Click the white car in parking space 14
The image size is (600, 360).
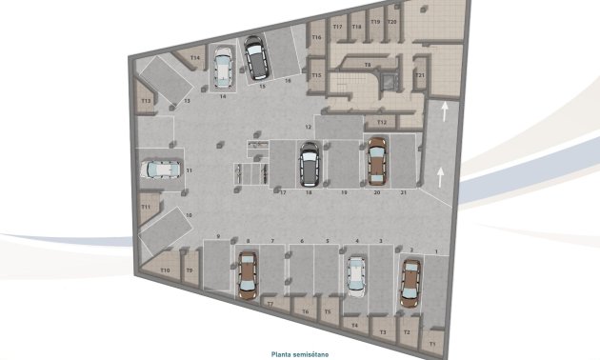[x=224, y=69]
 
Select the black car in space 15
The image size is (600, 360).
[x=256, y=57]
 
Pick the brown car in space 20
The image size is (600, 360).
[x=376, y=161]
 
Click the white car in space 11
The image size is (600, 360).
[x=160, y=170]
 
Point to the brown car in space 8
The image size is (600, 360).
[x=247, y=273]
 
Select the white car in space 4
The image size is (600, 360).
[x=356, y=274]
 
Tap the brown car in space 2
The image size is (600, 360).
[x=410, y=281]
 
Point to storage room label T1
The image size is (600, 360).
[x=432, y=342]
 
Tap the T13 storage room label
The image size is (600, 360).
[x=147, y=100]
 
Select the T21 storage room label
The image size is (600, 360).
[x=419, y=75]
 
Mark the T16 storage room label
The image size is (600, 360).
[x=316, y=37]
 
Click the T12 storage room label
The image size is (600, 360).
[x=381, y=122]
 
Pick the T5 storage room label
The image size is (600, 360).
[x=328, y=310]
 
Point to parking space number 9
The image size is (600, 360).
[x=218, y=236]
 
